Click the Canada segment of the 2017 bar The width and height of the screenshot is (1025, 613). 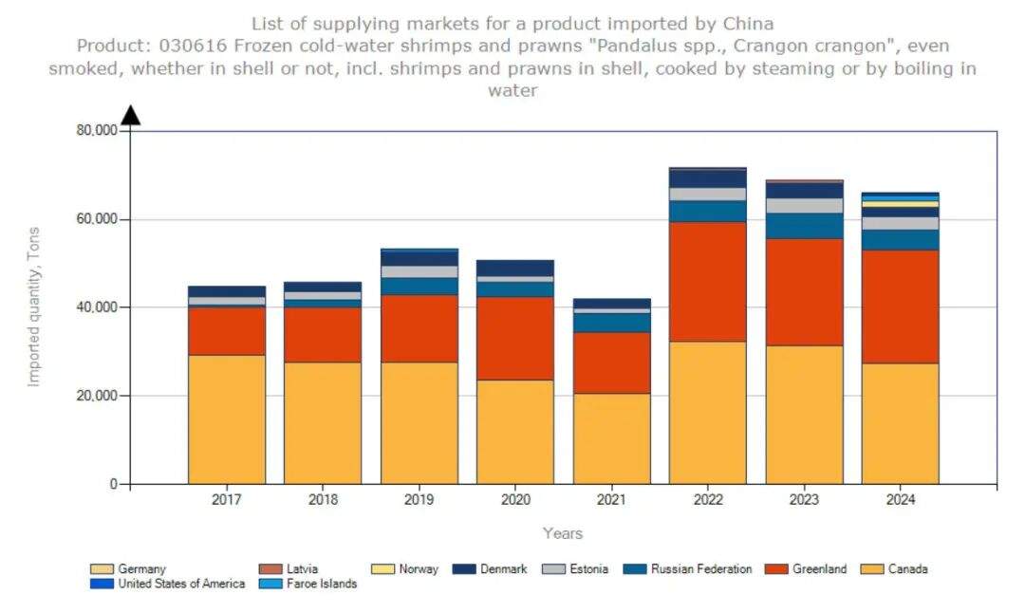(x=227, y=419)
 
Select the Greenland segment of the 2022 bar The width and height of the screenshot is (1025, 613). (x=708, y=281)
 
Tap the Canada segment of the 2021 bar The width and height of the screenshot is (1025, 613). (x=611, y=438)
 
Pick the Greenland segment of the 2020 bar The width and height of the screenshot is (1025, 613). (x=515, y=338)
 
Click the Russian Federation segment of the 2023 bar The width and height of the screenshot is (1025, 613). (x=805, y=226)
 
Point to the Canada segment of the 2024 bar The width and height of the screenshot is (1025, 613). (x=900, y=423)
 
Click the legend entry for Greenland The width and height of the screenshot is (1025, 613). (x=817, y=569)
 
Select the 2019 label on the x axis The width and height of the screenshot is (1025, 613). (x=419, y=499)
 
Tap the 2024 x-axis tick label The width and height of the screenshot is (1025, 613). (x=900, y=499)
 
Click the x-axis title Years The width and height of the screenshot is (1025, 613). (x=563, y=533)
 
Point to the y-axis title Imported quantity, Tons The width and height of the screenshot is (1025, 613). (x=34, y=306)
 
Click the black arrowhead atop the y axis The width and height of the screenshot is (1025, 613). (x=131, y=115)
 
